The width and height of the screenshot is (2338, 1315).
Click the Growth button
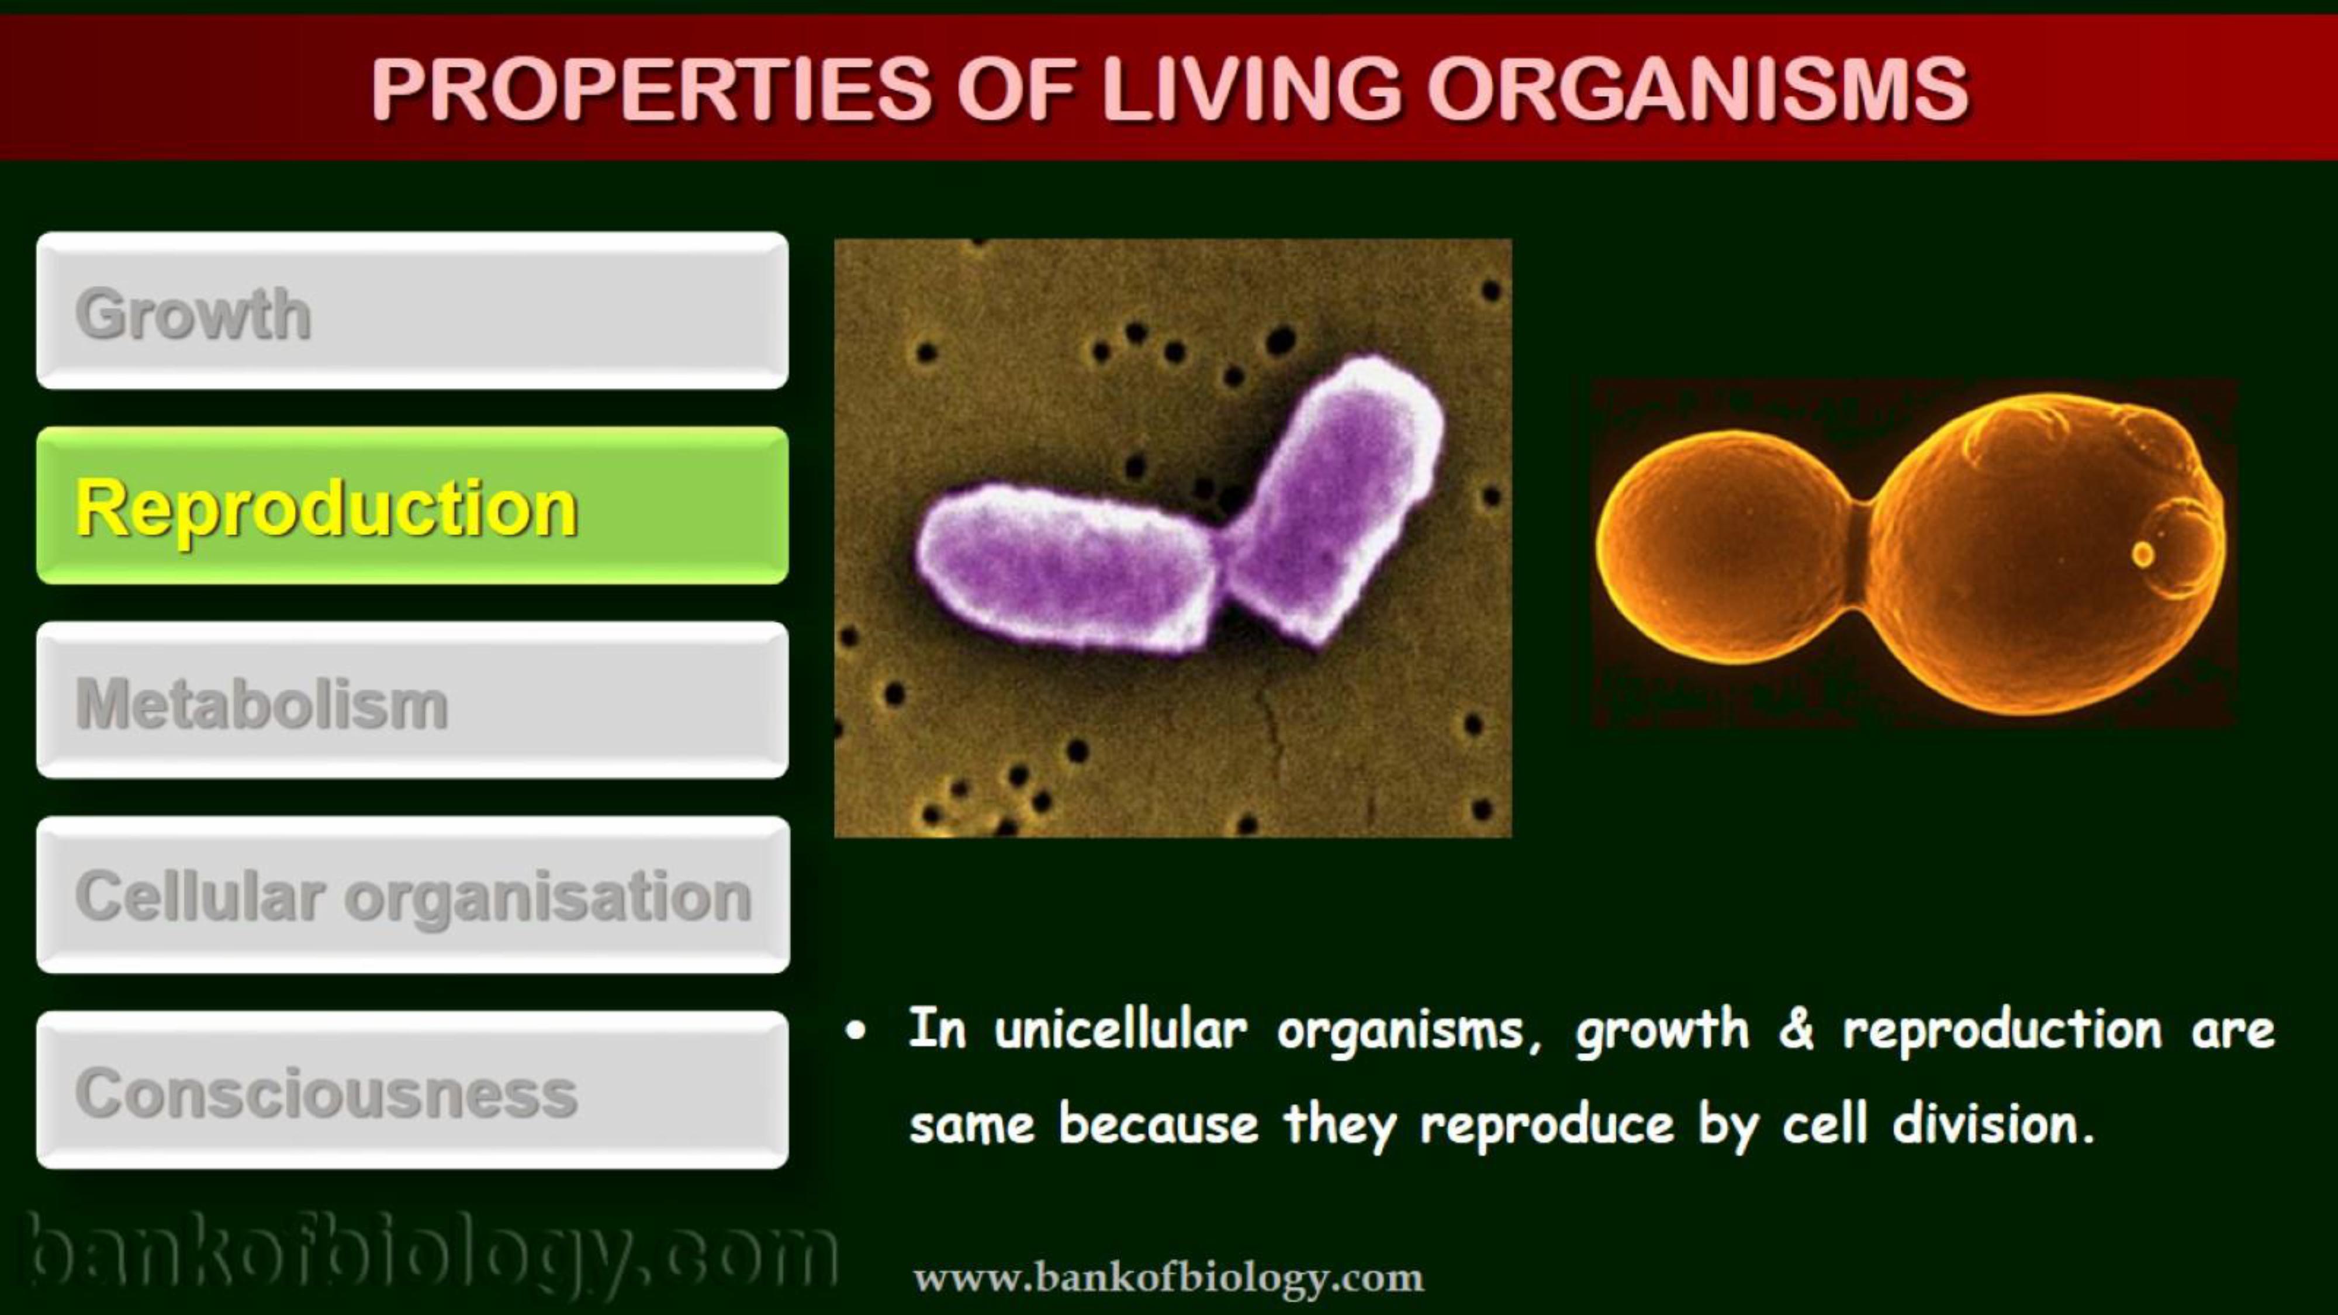[412, 310]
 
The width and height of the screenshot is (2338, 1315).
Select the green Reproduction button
[412, 506]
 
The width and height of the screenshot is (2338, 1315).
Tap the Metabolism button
[412, 700]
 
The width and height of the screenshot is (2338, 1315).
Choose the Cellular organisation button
[413, 895]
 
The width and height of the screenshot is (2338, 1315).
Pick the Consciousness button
[412, 1090]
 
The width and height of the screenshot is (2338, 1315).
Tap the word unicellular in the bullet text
[1121, 1029]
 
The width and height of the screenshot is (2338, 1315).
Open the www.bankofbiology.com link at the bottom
[1168, 1278]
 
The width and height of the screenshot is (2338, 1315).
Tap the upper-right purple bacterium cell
[1334, 499]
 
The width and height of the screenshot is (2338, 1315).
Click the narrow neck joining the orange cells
[1860, 553]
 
